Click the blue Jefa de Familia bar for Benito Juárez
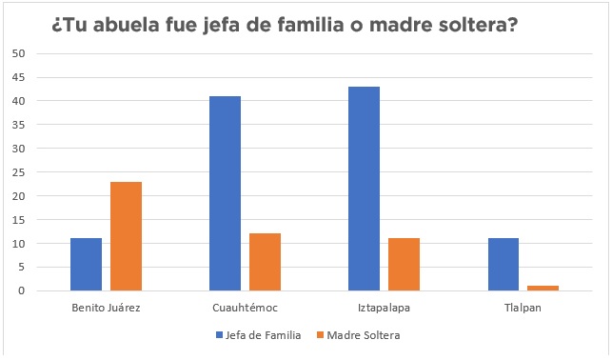[86, 265]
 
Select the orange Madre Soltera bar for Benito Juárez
[126, 236]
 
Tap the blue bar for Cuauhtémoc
[225, 193]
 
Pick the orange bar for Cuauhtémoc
[265, 262]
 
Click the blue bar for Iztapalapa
[364, 189]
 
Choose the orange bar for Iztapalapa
[404, 265]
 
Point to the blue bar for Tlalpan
[503, 265]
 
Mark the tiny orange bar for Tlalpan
[543, 288]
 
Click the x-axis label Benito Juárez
[106, 309]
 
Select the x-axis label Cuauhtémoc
[245, 309]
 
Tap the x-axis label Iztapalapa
[384, 309]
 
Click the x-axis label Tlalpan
[523, 309]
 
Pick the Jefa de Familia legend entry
[259, 335]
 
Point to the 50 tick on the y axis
[18, 53]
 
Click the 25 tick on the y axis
[18, 172]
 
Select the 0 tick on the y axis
[21, 291]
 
